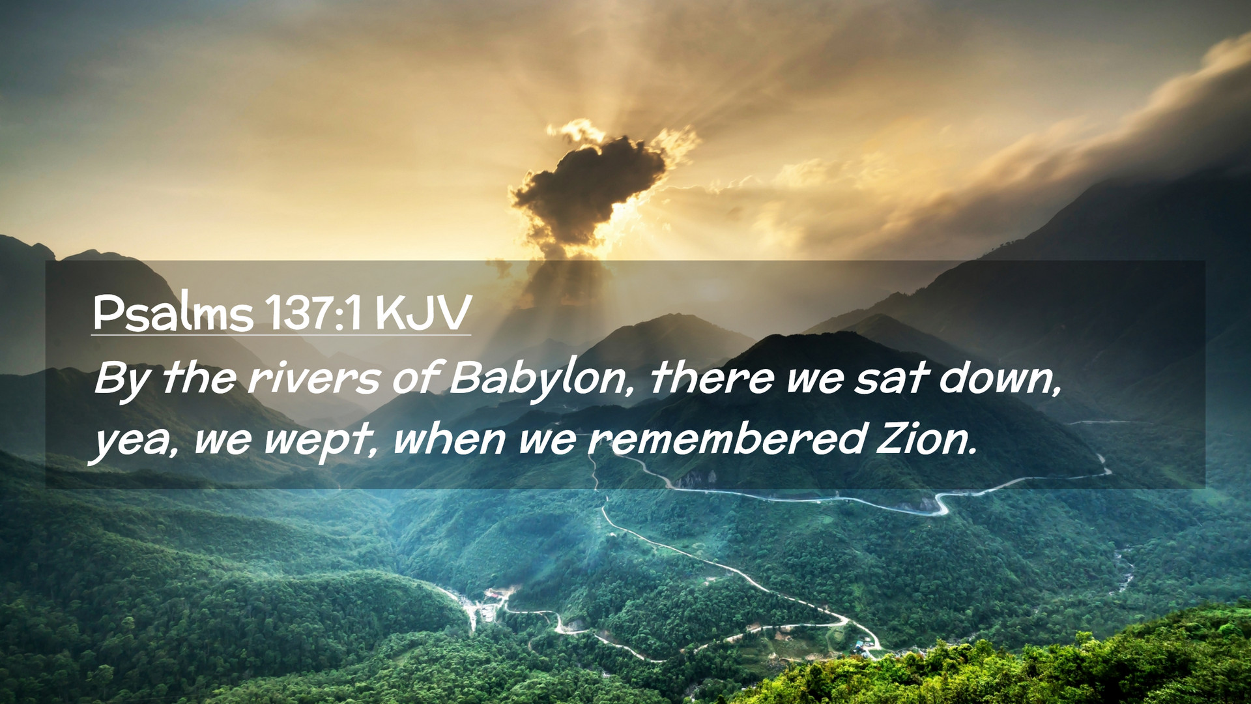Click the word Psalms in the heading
pos(173,313)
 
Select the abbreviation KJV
pos(422,313)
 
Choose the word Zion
pos(927,439)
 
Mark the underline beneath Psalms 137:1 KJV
pos(281,335)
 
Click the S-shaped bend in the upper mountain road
pos(942,503)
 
